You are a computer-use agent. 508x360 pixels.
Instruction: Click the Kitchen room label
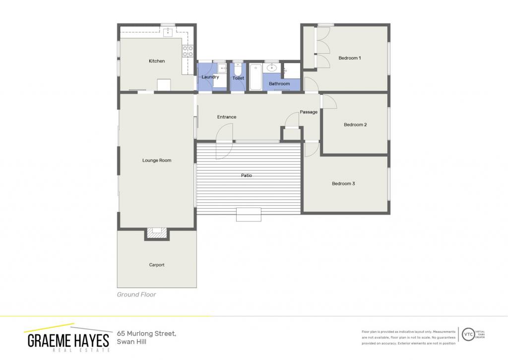157,61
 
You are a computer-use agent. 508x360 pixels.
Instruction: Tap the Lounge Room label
157,160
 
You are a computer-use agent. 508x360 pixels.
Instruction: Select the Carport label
157,265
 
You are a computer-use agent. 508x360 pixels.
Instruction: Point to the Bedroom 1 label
350,58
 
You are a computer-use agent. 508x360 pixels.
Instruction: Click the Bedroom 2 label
355,125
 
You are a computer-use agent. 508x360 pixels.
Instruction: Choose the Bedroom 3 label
343,184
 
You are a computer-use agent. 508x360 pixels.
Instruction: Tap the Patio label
247,175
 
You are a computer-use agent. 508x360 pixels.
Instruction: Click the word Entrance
227,117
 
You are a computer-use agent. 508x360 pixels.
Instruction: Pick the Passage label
309,112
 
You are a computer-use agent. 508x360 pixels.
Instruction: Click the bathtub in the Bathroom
255,77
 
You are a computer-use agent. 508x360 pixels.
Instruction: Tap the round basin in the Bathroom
271,68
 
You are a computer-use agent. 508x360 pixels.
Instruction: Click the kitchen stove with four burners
188,51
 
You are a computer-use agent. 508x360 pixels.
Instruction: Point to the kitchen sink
168,32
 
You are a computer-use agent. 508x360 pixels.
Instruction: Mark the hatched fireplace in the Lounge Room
157,232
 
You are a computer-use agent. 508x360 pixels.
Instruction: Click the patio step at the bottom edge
249,215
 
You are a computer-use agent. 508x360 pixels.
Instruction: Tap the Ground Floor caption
136,294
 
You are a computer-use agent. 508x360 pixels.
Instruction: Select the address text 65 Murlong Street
146,333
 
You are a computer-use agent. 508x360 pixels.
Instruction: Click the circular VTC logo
468,334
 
